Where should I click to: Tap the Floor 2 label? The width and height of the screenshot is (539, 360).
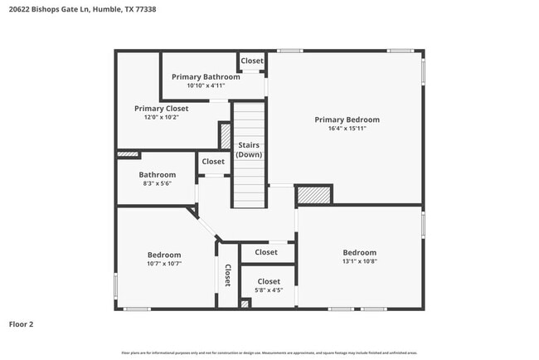click(22, 324)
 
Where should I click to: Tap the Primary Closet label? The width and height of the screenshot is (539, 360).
click(161, 108)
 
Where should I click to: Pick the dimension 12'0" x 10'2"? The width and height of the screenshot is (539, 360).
click(161, 117)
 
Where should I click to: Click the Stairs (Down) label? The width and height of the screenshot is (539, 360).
click(249, 150)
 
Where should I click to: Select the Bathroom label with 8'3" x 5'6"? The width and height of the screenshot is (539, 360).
click(157, 174)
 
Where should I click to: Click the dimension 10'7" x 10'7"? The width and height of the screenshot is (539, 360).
click(164, 263)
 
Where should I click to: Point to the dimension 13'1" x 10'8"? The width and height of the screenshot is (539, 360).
click(359, 261)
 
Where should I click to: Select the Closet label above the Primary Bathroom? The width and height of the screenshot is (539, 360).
click(252, 61)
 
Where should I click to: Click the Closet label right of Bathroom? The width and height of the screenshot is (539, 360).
click(213, 162)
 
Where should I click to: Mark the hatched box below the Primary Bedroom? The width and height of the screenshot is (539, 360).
click(313, 194)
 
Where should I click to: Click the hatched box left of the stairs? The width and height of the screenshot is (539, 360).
click(225, 135)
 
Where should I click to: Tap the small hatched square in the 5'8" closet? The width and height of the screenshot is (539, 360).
click(245, 304)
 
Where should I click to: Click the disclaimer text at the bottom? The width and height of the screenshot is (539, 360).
click(269, 353)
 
